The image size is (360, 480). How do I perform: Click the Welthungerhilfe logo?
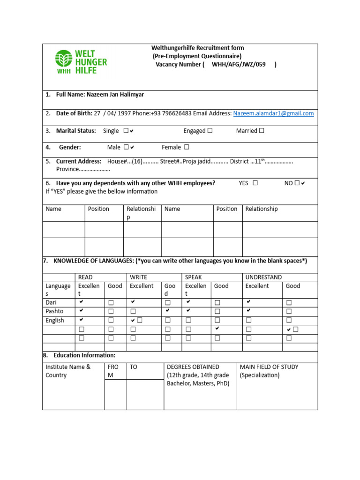point(81,62)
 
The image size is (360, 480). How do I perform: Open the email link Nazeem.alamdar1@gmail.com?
point(273,113)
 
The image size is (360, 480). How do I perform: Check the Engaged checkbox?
point(210,131)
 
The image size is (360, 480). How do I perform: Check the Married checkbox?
point(262,131)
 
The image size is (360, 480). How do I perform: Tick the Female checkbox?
point(187,147)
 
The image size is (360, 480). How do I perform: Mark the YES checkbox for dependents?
point(255,183)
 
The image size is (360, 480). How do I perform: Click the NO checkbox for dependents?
point(297,183)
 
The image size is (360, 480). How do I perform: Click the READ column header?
point(85,277)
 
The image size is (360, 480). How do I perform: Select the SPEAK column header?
point(193,277)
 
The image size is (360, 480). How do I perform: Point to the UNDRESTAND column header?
point(263,277)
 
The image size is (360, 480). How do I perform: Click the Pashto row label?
point(54,311)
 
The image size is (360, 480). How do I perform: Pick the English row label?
point(55,321)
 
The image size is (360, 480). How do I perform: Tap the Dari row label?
point(51,302)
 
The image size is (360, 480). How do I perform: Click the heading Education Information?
point(84,355)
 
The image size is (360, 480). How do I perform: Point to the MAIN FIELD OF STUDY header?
point(269,367)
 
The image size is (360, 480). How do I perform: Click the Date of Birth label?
point(74,113)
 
